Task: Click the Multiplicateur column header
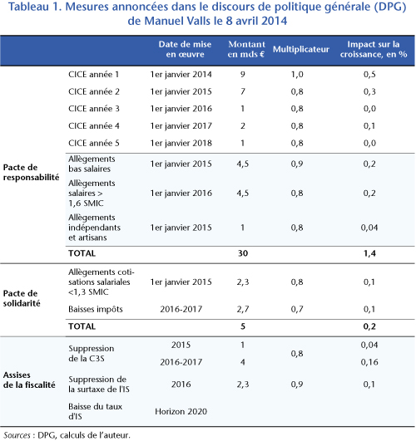click(300, 50)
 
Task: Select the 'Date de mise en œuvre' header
click(185, 49)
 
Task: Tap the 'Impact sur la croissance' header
click(374, 49)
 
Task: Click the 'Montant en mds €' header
click(246, 49)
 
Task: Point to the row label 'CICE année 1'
click(93, 75)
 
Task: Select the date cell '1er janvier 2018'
click(181, 143)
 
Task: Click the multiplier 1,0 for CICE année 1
click(297, 75)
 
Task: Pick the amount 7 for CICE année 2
click(243, 91)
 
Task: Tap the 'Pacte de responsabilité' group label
click(31, 173)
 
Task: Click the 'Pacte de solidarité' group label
click(22, 298)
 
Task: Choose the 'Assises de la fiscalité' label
click(29, 380)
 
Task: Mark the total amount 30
click(243, 253)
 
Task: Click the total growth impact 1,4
click(369, 253)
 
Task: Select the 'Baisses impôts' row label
click(96, 310)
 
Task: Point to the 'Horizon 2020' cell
click(181, 412)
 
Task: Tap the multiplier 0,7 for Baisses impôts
click(297, 310)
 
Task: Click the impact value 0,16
click(369, 362)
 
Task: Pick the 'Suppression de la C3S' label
click(92, 354)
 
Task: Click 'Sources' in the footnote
click(17, 435)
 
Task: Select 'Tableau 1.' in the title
click(35, 7)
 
